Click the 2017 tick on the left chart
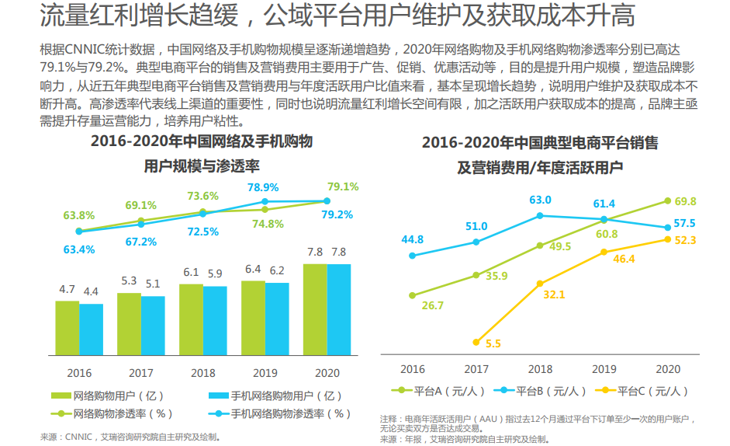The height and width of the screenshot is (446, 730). [141, 372]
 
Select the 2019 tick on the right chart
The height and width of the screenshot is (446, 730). [604, 369]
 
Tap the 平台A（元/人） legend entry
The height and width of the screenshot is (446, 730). [439, 390]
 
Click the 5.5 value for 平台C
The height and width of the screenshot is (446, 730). [493, 343]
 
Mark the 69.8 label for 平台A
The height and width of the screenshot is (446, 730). [686, 200]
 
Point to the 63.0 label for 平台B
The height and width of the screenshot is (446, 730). [541, 200]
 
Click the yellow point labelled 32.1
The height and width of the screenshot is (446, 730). [541, 284]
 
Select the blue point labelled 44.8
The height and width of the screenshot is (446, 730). [412, 255]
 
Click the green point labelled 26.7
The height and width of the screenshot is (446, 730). [412, 295]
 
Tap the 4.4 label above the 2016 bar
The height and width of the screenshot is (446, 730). [91, 291]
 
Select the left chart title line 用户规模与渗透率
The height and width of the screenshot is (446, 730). [202, 166]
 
